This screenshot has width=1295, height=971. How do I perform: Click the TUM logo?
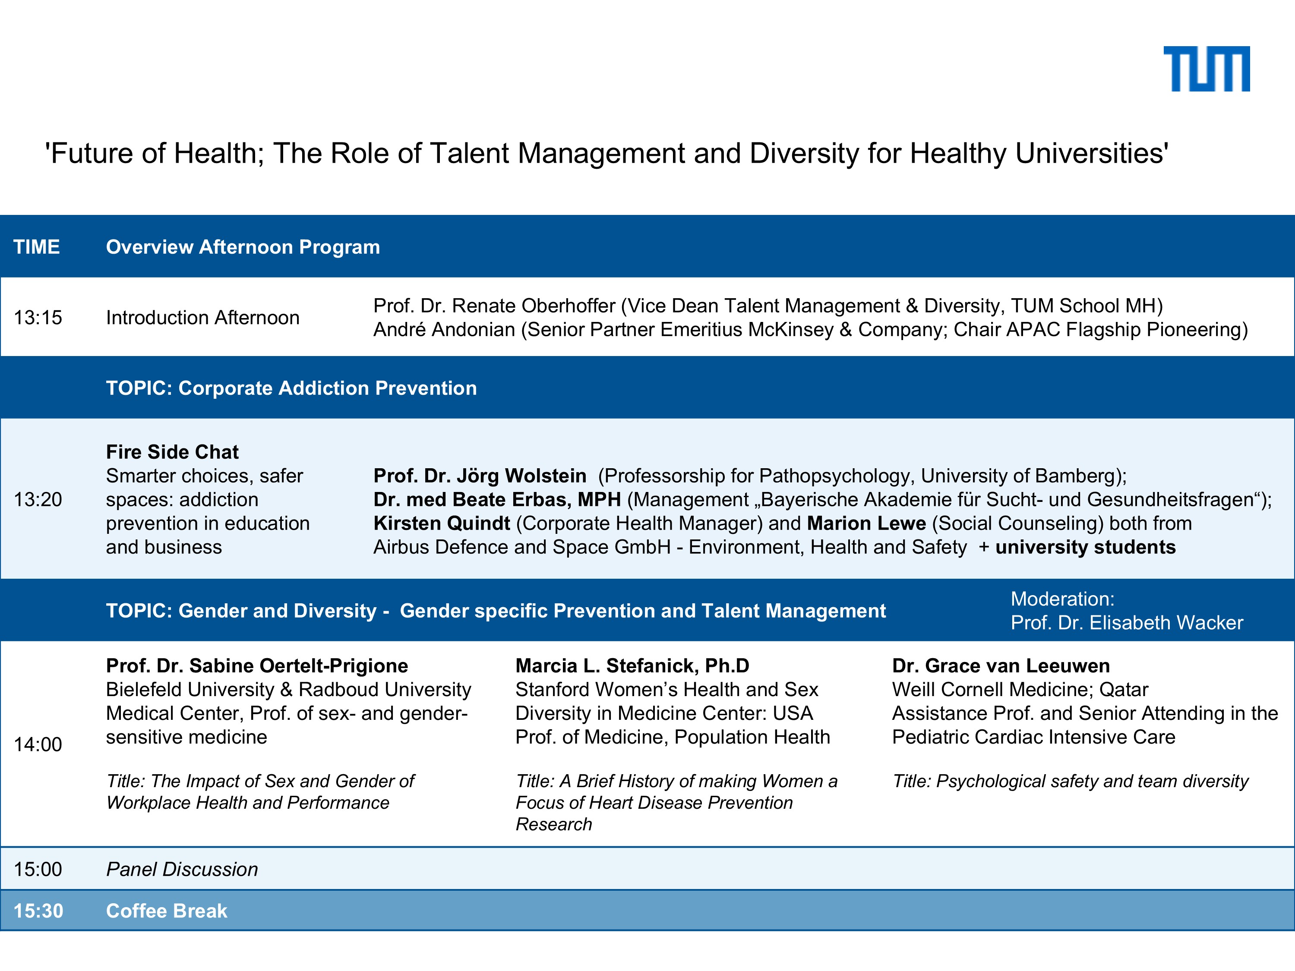1207,69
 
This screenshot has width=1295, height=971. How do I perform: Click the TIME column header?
36,247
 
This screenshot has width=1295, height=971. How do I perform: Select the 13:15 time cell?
38,317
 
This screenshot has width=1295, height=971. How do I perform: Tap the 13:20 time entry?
38,499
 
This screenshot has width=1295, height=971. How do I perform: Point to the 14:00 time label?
38,744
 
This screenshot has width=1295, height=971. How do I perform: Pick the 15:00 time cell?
38,869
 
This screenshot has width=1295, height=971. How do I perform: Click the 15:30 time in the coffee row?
38,911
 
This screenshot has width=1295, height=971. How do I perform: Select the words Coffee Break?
166,911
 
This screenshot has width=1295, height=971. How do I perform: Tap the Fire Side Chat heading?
172,452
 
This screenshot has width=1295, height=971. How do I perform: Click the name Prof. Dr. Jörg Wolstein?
480,476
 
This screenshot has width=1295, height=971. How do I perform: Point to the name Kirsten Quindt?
442,523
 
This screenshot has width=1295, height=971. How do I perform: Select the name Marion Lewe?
866,523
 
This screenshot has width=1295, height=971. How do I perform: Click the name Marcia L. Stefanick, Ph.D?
632,665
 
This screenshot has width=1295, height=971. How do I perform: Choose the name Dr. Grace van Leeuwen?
1001,665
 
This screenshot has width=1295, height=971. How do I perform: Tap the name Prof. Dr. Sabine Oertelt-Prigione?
257,665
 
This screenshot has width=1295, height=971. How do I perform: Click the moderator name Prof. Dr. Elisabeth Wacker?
1126,623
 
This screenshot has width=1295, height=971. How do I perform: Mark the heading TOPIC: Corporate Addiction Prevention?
291,388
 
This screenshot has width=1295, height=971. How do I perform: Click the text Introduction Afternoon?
202,317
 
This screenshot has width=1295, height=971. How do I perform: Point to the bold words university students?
1085,547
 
